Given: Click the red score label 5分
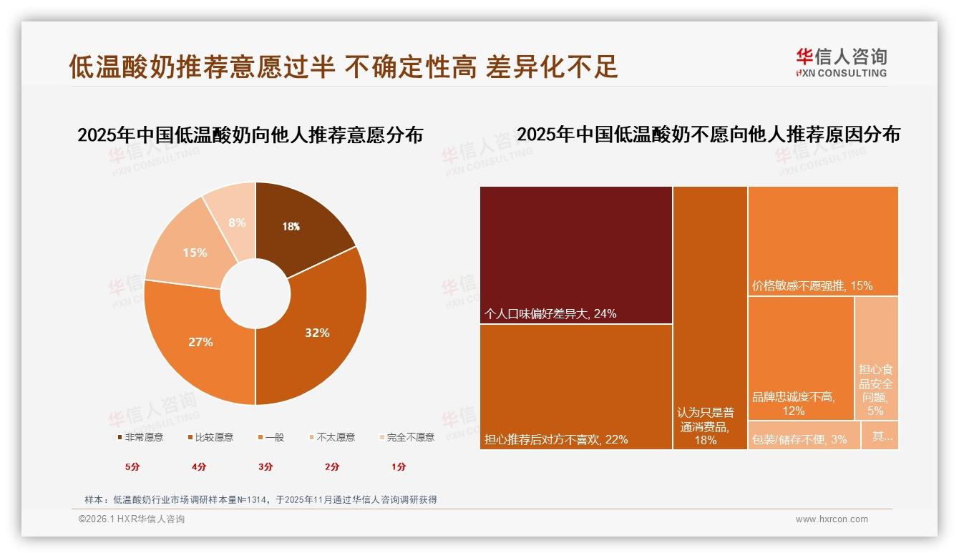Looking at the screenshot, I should tap(132, 466).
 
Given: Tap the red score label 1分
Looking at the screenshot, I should tap(399, 466).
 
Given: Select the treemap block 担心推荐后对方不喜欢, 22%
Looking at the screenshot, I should tap(576, 386).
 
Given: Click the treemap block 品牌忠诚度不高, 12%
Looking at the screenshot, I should tap(801, 358).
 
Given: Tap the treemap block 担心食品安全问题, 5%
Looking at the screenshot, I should tap(876, 358).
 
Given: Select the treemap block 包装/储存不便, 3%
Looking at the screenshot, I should tap(803, 435).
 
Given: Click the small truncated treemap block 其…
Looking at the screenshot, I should tap(880, 435).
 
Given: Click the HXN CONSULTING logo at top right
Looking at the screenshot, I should tap(841, 62).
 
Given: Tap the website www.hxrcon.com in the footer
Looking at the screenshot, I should tap(832, 519).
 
